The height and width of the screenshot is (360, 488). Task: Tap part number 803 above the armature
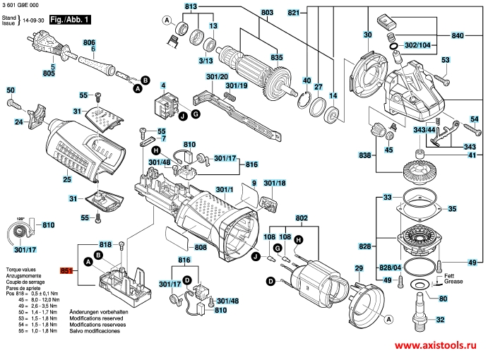click(x=246, y=13)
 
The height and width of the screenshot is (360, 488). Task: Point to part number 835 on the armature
click(x=277, y=56)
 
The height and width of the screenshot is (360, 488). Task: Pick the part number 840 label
click(x=457, y=35)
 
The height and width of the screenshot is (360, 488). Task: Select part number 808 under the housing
click(x=201, y=248)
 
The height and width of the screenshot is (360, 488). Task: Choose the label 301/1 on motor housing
click(x=224, y=190)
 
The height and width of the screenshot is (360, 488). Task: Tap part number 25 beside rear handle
click(x=67, y=180)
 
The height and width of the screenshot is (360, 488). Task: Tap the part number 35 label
click(x=453, y=209)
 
